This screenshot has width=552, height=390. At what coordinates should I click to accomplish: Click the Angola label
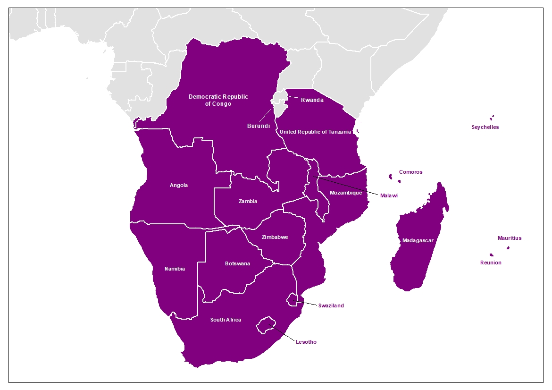click(179, 186)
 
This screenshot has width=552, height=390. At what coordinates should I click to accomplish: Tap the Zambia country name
click(248, 201)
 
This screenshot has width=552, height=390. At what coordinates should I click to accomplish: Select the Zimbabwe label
click(275, 237)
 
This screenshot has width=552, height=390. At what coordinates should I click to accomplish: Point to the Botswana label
click(237, 263)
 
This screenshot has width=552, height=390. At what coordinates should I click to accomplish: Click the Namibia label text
click(175, 269)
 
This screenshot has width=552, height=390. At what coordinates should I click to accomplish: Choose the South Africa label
click(226, 320)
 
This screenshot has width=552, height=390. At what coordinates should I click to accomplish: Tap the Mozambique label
click(346, 193)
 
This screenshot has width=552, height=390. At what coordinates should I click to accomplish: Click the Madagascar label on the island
click(418, 241)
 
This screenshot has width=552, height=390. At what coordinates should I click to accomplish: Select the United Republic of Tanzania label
click(315, 132)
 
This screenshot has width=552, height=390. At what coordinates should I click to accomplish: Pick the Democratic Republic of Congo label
click(218, 100)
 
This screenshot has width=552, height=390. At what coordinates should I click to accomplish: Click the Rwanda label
click(312, 100)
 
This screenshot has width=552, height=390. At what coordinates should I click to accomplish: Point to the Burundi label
click(259, 126)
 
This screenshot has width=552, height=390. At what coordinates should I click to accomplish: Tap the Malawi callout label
click(389, 195)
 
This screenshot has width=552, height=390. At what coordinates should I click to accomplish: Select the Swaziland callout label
click(331, 305)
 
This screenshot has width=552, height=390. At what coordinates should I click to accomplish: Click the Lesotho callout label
click(306, 342)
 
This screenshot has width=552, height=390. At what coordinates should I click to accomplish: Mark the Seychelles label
click(485, 127)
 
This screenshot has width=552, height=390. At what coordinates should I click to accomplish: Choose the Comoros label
click(410, 172)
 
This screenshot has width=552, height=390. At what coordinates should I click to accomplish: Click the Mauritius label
click(510, 238)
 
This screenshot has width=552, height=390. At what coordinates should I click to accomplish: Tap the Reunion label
click(491, 263)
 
